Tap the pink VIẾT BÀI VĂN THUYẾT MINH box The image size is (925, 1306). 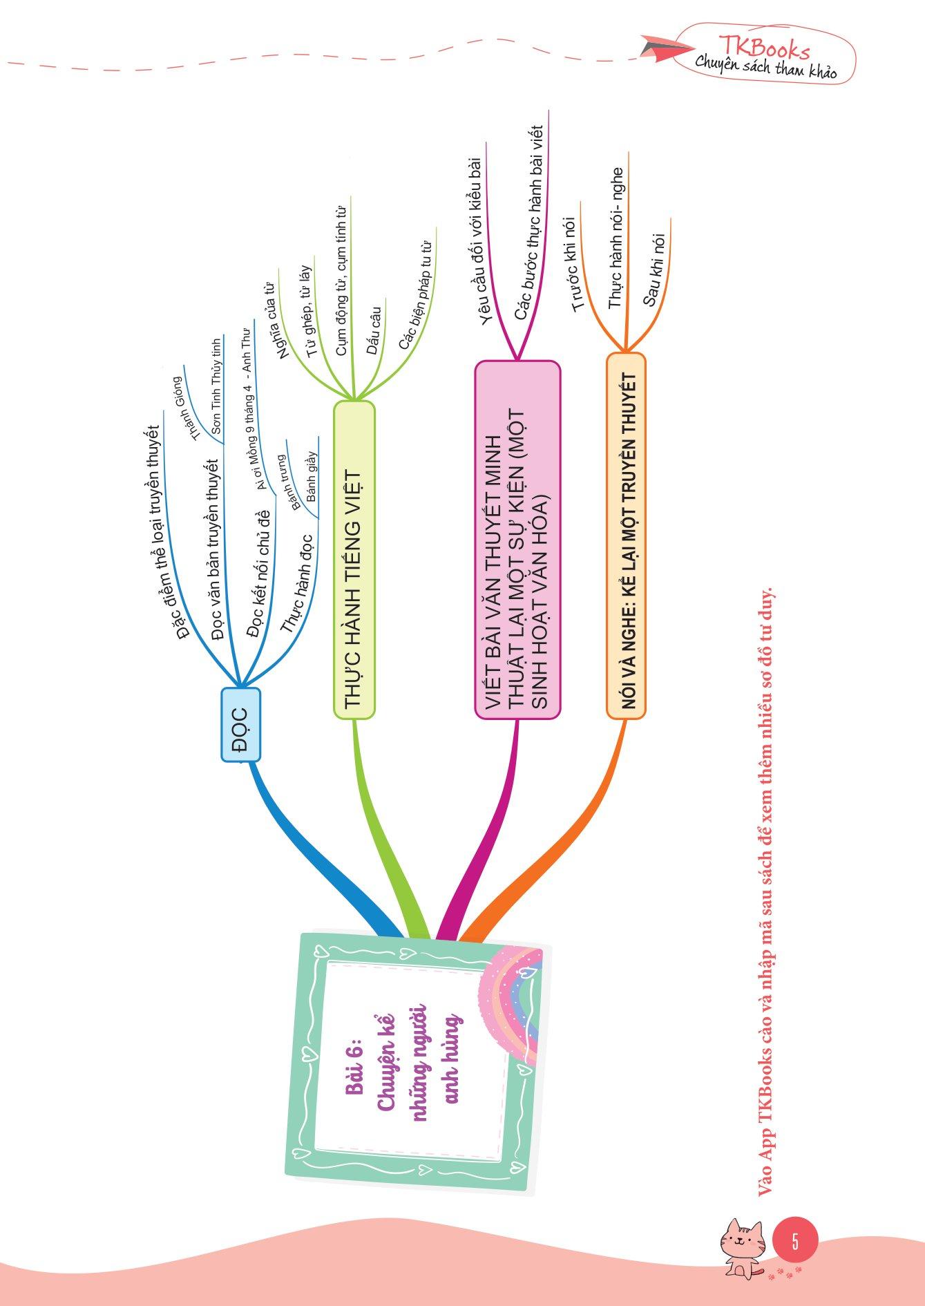pyautogui.click(x=517, y=539)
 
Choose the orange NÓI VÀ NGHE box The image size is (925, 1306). pyautogui.click(x=626, y=536)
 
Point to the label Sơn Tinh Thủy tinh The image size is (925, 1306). pyautogui.click(x=216, y=387)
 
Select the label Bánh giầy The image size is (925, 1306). pyautogui.click(x=312, y=476)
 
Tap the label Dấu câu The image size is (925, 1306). pyautogui.click(x=374, y=331)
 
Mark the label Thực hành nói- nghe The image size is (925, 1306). pyautogui.click(x=616, y=237)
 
